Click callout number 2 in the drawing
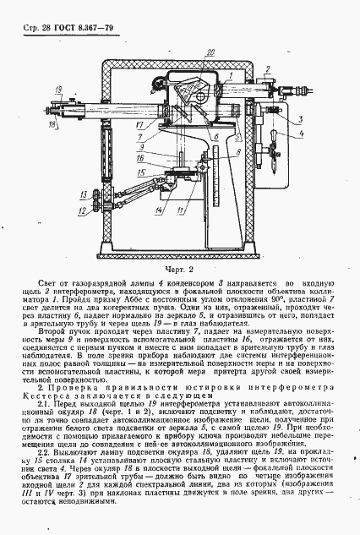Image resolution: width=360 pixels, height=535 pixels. pyautogui.click(x=266, y=68)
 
